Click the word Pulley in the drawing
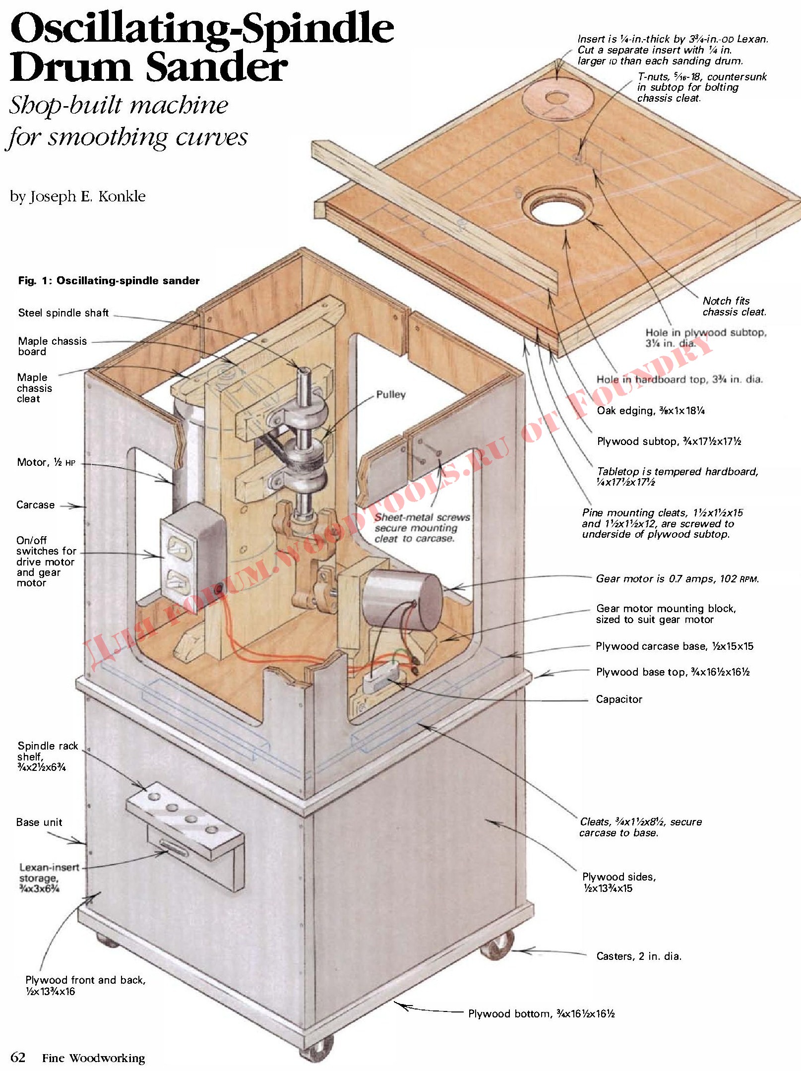(391, 395)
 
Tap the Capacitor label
(619, 699)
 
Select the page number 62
(18, 1057)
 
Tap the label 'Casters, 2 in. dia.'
(639, 956)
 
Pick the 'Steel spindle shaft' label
(63, 313)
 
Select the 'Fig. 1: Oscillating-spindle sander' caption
(109, 281)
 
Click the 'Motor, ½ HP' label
(46, 463)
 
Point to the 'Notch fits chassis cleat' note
(734, 307)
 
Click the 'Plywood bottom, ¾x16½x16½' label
(541, 1014)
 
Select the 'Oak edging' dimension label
(651, 411)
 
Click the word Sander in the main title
(217, 67)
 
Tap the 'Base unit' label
(39, 822)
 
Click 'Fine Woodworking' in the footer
(94, 1058)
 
